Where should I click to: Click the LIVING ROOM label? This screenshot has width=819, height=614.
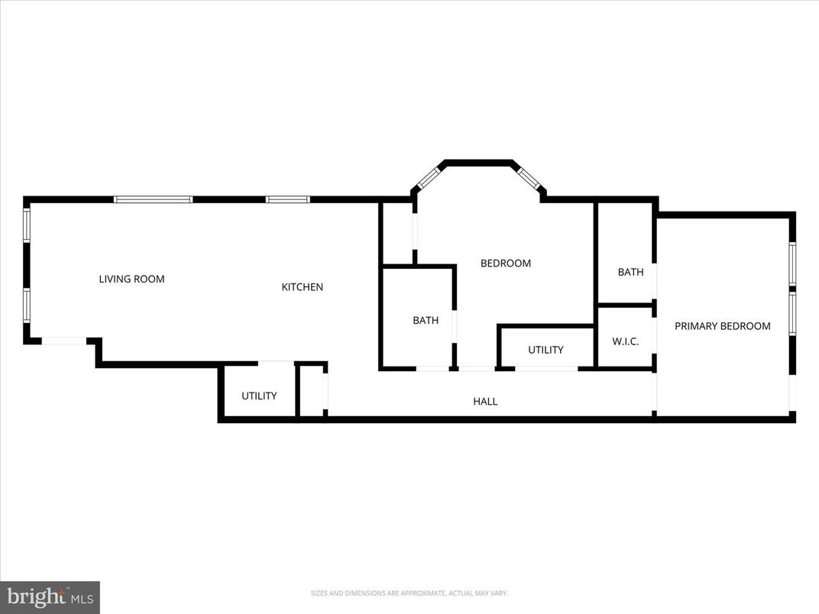(131, 280)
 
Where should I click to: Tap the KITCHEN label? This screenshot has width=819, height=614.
(303, 287)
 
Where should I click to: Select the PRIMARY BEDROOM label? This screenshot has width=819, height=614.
(722, 326)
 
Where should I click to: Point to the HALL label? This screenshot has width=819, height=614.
(485, 401)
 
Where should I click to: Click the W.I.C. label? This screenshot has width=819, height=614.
(625, 341)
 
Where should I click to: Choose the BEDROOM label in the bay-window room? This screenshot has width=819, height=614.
(505, 263)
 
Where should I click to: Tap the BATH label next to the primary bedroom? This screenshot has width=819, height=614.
(630, 272)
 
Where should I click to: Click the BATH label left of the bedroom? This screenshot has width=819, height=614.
(426, 321)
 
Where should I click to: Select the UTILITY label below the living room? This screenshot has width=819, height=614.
(259, 396)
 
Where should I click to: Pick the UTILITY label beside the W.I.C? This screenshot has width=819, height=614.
(545, 350)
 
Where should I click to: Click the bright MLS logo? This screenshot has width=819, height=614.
(50, 597)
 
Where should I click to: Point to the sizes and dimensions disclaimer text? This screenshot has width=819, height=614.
(409, 593)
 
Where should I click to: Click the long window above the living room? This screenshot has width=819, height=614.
(153, 199)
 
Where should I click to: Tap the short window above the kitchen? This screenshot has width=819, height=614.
(288, 199)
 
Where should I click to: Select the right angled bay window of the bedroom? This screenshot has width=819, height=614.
(528, 177)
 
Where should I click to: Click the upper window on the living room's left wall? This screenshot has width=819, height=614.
(27, 225)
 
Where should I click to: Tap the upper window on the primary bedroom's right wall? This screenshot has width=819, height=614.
(792, 263)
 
